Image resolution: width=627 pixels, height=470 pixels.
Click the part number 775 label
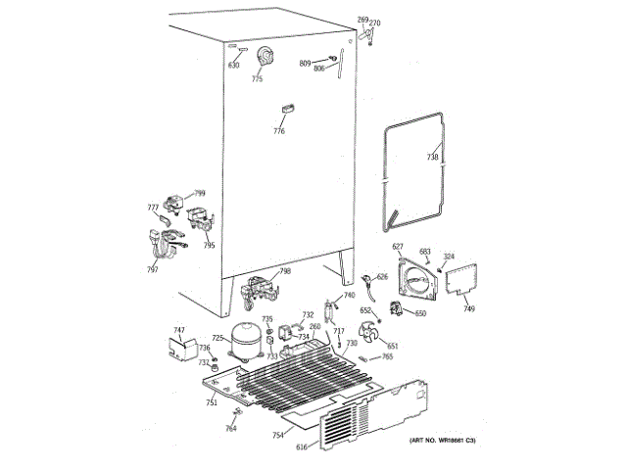coord(258,79)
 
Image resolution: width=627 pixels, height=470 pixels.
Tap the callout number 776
coord(279,130)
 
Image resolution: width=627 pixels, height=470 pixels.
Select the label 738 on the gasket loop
coord(433,157)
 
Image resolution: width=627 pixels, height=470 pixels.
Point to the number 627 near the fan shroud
coord(399,247)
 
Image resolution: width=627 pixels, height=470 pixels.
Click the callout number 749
coord(469,309)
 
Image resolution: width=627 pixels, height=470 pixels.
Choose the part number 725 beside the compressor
coord(217,338)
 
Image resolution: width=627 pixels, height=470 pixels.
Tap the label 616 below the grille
coord(302,447)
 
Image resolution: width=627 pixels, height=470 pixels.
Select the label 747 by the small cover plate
coord(179,330)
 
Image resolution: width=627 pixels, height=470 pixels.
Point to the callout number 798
coord(285,271)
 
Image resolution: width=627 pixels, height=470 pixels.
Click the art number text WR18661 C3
coord(443,444)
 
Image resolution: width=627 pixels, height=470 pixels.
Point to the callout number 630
coord(233,66)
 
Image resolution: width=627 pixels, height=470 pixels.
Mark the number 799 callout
coord(200,193)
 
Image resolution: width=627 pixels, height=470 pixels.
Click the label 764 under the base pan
coord(231,429)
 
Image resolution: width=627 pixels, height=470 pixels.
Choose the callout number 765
coord(388,356)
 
